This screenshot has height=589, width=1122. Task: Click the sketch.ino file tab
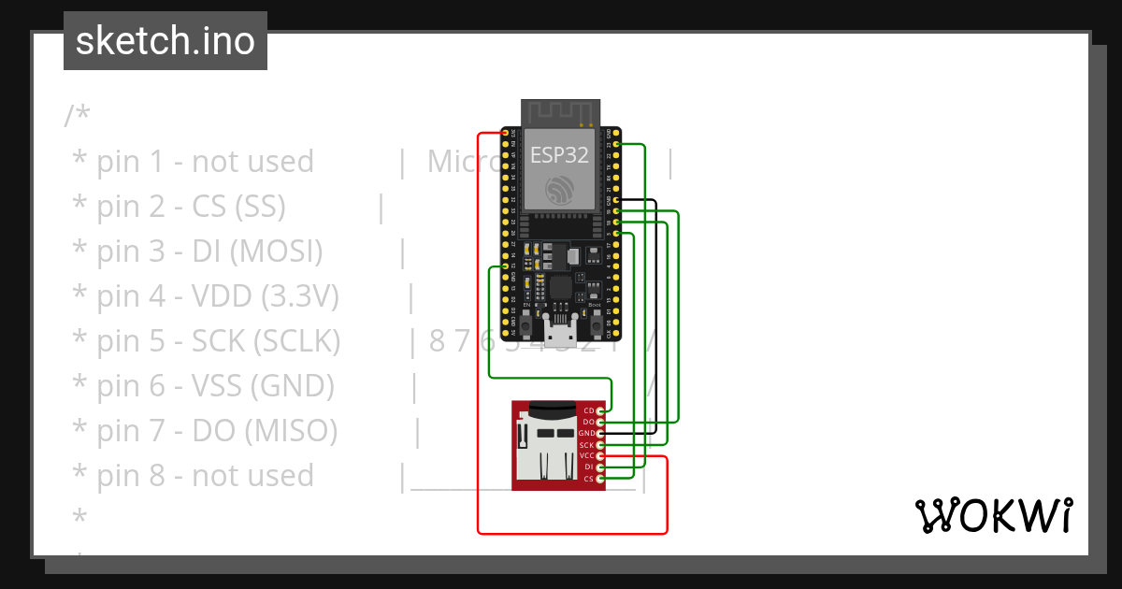pos(165,41)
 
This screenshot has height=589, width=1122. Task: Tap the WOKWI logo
pos(992,515)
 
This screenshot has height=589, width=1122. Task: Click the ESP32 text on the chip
pos(559,155)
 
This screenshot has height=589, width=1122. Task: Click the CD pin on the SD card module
pos(600,410)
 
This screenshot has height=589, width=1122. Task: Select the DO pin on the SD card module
pos(600,423)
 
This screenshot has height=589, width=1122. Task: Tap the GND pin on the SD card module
pos(600,434)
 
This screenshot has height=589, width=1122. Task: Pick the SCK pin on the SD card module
pos(600,445)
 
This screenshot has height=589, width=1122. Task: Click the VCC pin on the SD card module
pos(600,456)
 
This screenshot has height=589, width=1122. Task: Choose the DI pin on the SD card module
pos(600,467)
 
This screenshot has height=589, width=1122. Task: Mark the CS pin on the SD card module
pos(600,479)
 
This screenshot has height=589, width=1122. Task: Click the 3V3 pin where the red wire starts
pos(506,133)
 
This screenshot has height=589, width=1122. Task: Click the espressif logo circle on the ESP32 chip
pos(559,191)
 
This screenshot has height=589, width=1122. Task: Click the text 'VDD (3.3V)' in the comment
pos(265,296)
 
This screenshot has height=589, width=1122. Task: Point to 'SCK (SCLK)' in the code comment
pos(266,341)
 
